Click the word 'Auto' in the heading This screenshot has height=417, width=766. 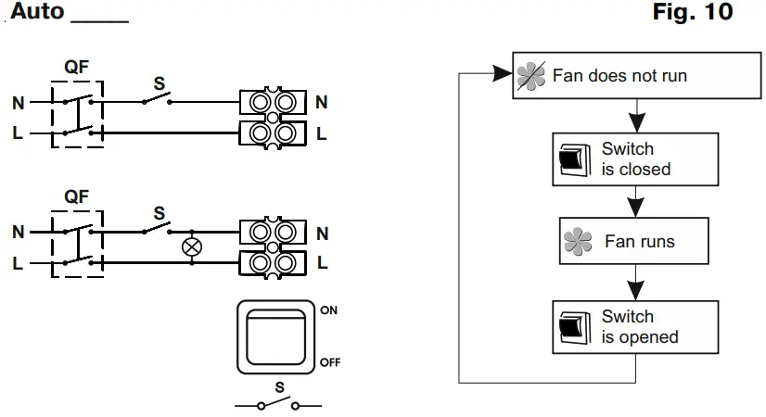pyautogui.click(x=36, y=13)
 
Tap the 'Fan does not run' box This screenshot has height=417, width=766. pyautogui.click(x=616, y=75)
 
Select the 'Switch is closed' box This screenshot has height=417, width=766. pyautogui.click(x=635, y=159)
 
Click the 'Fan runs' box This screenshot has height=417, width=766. pyautogui.click(x=634, y=242)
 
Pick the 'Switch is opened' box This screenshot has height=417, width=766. pyautogui.click(x=635, y=327)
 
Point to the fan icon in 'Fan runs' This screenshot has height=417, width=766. pyautogui.click(x=578, y=243)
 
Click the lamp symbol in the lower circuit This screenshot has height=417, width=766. pyautogui.click(x=193, y=247)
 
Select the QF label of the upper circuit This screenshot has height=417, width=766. pyautogui.click(x=77, y=67)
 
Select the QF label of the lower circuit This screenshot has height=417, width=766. pyautogui.click(x=77, y=196)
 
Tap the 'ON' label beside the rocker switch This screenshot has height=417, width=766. pyautogui.click(x=328, y=311)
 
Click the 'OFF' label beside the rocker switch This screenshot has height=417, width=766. pyautogui.click(x=330, y=361)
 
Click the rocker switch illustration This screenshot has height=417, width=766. pyautogui.click(x=277, y=336)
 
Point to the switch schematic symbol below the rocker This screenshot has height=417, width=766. pyautogui.click(x=278, y=405)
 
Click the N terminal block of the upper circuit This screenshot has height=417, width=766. pyautogui.click(x=274, y=102)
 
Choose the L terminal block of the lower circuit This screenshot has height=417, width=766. pyautogui.click(x=274, y=263)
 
